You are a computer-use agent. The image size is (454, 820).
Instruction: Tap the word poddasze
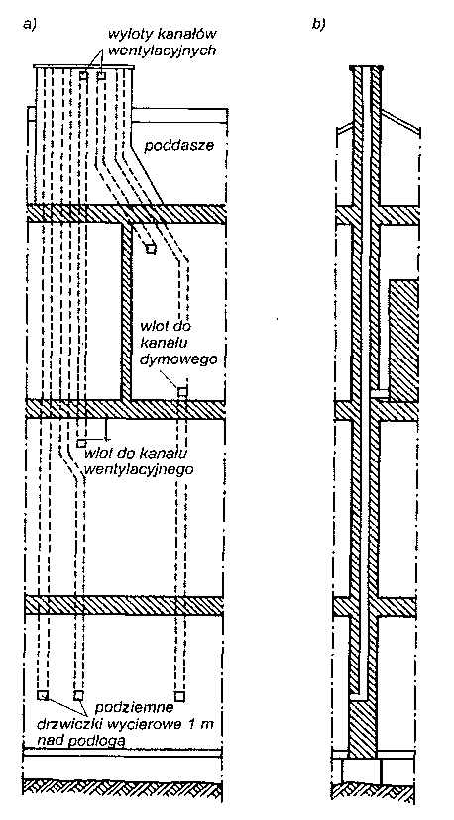point(179,145)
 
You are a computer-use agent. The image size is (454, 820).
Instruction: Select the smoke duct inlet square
point(181,391)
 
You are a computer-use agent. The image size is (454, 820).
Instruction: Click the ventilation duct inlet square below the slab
point(81,443)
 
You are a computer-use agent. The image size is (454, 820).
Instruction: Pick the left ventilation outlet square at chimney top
point(83,76)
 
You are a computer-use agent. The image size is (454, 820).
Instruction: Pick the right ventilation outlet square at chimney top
point(101,76)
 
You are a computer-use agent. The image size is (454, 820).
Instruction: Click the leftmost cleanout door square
point(42,695)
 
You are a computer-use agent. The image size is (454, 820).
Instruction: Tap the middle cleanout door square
point(78,695)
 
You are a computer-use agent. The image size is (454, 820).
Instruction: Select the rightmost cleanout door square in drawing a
point(179,695)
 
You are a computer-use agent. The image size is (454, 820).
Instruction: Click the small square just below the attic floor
point(151,249)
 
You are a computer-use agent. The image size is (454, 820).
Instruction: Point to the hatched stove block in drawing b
point(402,340)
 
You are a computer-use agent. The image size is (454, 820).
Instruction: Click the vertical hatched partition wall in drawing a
point(126,312)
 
